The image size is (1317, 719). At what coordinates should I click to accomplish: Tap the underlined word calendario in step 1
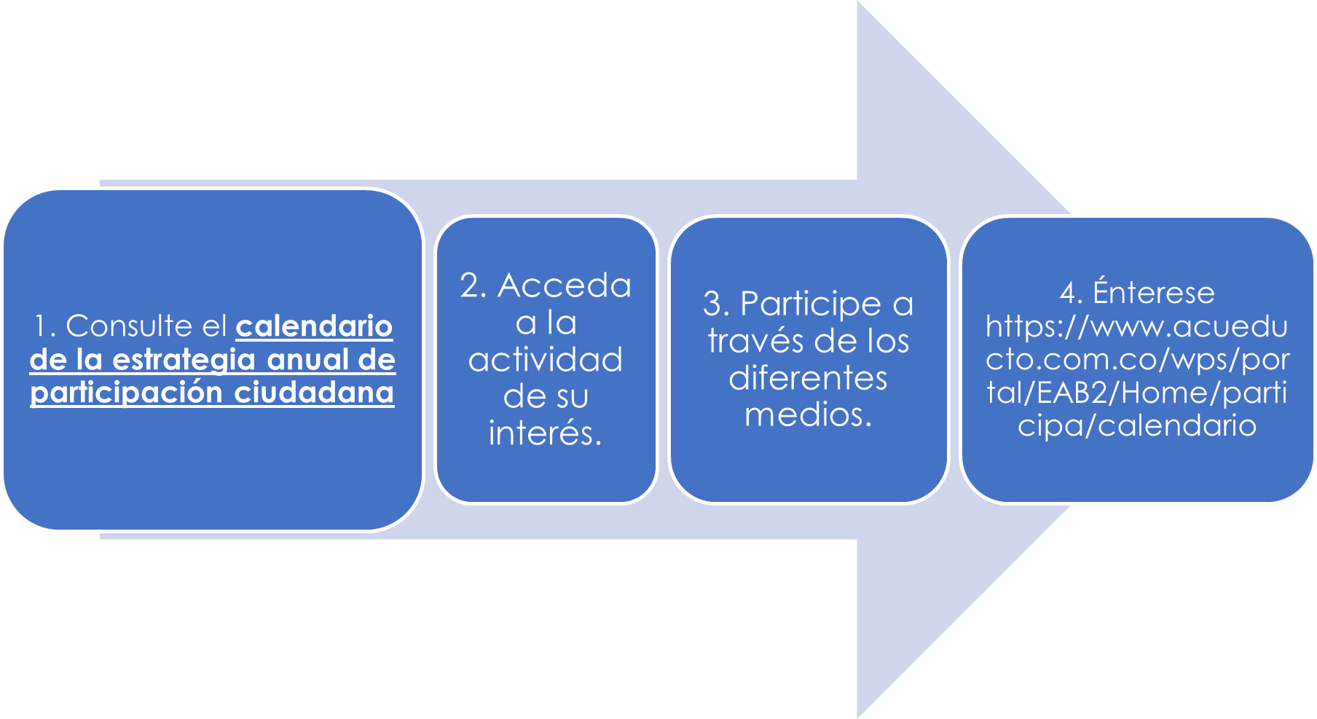314,326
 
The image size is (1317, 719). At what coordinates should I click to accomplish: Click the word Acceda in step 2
565,286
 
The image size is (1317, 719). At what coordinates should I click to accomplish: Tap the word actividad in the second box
546,360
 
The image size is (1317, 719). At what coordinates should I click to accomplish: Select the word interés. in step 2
546,433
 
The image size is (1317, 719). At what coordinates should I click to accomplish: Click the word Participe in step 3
811,305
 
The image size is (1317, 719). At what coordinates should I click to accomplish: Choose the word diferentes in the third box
808,378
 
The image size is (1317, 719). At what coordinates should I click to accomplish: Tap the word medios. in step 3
808,415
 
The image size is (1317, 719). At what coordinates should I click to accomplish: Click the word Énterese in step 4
1154,293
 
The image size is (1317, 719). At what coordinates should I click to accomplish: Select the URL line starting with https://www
1136,326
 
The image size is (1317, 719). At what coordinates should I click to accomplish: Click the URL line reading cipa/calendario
1136,425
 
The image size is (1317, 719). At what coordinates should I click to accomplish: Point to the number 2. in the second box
473,286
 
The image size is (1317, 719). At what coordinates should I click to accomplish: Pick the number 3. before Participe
716,305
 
